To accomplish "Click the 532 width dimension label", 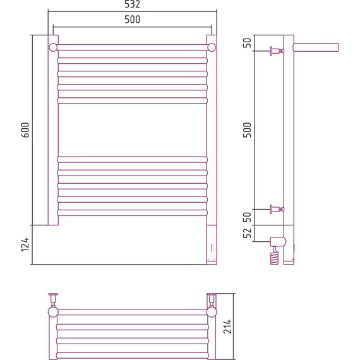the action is tap(132, 4).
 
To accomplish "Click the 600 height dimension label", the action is tap(25, 130).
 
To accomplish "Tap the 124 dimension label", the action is tap(25, 245).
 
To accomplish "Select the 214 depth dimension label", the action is tap(227, 327).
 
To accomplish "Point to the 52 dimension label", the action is tap(247, 233).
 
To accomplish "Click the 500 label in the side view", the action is tap(247, 130).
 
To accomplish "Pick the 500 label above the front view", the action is tap(132, 20).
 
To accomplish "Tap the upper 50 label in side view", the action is tap(247, 43).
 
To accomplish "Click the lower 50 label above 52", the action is tap(247, 217).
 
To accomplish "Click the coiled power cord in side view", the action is tap(275, 255).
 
